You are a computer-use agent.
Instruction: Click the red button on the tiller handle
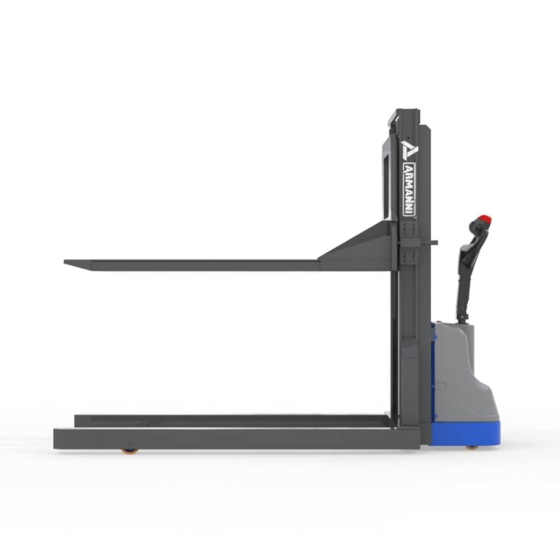click(484, 218)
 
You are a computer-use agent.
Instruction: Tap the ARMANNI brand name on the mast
click(409, 189)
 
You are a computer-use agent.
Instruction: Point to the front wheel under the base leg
click(129, 451)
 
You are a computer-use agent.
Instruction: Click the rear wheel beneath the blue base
click(471, 447)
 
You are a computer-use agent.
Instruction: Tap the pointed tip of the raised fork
click(64, 262)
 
